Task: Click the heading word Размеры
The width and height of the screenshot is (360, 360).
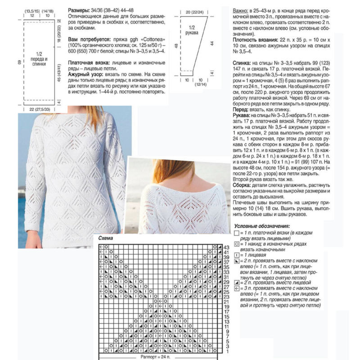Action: pos(78,9)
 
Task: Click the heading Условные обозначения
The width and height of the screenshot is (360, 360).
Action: pos(262,226)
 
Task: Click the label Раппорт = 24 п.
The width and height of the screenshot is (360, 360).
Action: pos(159,355)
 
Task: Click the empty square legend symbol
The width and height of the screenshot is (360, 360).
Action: pos(237,233)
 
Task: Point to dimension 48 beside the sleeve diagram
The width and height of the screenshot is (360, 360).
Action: pos(176,45)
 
